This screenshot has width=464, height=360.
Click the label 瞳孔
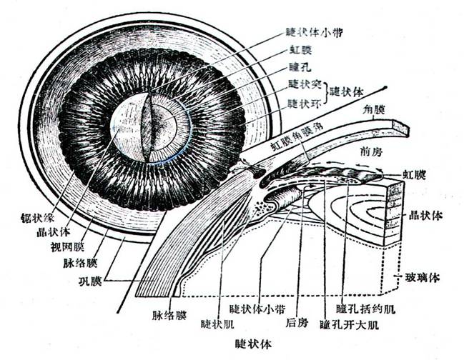click(300, 67)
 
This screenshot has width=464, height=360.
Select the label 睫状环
click(305, 104)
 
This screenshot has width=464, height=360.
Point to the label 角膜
click(374, 110)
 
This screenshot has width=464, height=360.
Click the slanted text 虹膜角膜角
click(297, 136)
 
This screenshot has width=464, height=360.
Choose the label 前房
click(371, 151)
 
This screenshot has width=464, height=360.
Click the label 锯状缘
click(38, 218)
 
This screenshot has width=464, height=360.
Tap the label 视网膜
click(67, 247)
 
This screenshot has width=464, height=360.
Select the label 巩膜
click(90, 281)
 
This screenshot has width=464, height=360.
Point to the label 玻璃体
click(423, 278)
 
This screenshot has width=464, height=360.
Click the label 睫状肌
click(217, 324)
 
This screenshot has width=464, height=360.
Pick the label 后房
click(297, 322)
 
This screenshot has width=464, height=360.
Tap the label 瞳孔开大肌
click(349, 325)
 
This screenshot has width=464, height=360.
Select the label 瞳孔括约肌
click(366, 309)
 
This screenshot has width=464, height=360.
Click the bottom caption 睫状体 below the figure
click(253, 344)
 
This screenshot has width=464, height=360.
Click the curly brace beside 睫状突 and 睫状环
click(327, 94)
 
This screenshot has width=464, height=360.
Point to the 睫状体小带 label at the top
click(314, 32)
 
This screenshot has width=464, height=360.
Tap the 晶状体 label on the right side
click(425, 215)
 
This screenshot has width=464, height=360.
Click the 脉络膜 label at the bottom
click(169, 316)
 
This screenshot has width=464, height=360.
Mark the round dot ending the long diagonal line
click(385, 87)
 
